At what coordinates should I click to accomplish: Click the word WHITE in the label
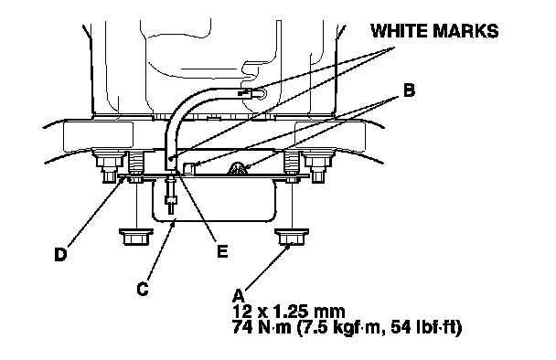[x=399, y=31]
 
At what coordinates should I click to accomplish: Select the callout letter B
[x=409, y=90]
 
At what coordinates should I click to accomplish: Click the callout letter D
[x=60, y=254]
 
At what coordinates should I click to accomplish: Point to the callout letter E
[x=222, y=251]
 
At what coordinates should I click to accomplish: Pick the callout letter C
[x=143, y=289]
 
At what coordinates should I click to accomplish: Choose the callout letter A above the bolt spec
[x=239, y=296]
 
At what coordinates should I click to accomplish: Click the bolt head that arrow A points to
[x=292, y=237]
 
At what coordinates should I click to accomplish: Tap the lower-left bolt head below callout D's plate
[x=136, y=237]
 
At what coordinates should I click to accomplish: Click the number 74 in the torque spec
[x=242, y=327]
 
